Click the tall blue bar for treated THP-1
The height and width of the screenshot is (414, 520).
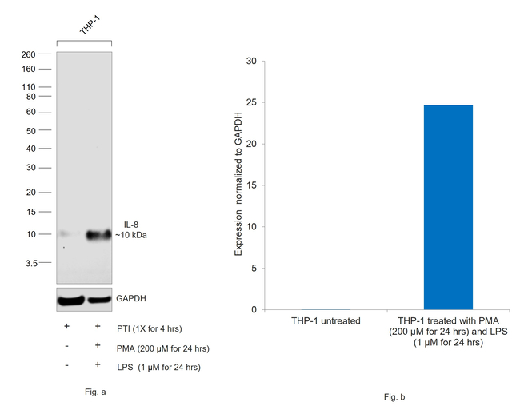click(x=448, y=207)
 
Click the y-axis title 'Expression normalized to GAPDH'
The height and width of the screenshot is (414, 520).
click(x=238, y=185)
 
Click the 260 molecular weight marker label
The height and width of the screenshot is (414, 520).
click(x=30, y=54)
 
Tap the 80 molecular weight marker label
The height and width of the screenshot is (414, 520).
click(x=31, y=97)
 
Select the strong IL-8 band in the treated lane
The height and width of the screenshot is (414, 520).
click(x=98, y=234)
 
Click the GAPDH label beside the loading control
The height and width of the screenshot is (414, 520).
click(x=131, y=298)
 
